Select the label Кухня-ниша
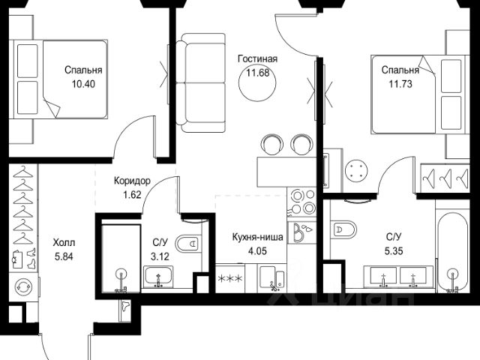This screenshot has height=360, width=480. point(257,236)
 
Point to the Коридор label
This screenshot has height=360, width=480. point(132,181)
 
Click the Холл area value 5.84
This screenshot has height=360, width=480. point(64,256)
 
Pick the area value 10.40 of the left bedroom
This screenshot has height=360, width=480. point(82,84)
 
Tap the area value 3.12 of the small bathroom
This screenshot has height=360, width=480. point(160,256)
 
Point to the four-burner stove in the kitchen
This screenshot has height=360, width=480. point(304,201)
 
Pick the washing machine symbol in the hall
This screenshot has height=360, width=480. point(22,286)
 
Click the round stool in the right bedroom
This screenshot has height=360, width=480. point(358,170)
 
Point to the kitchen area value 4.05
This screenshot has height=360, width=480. point(257,251)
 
